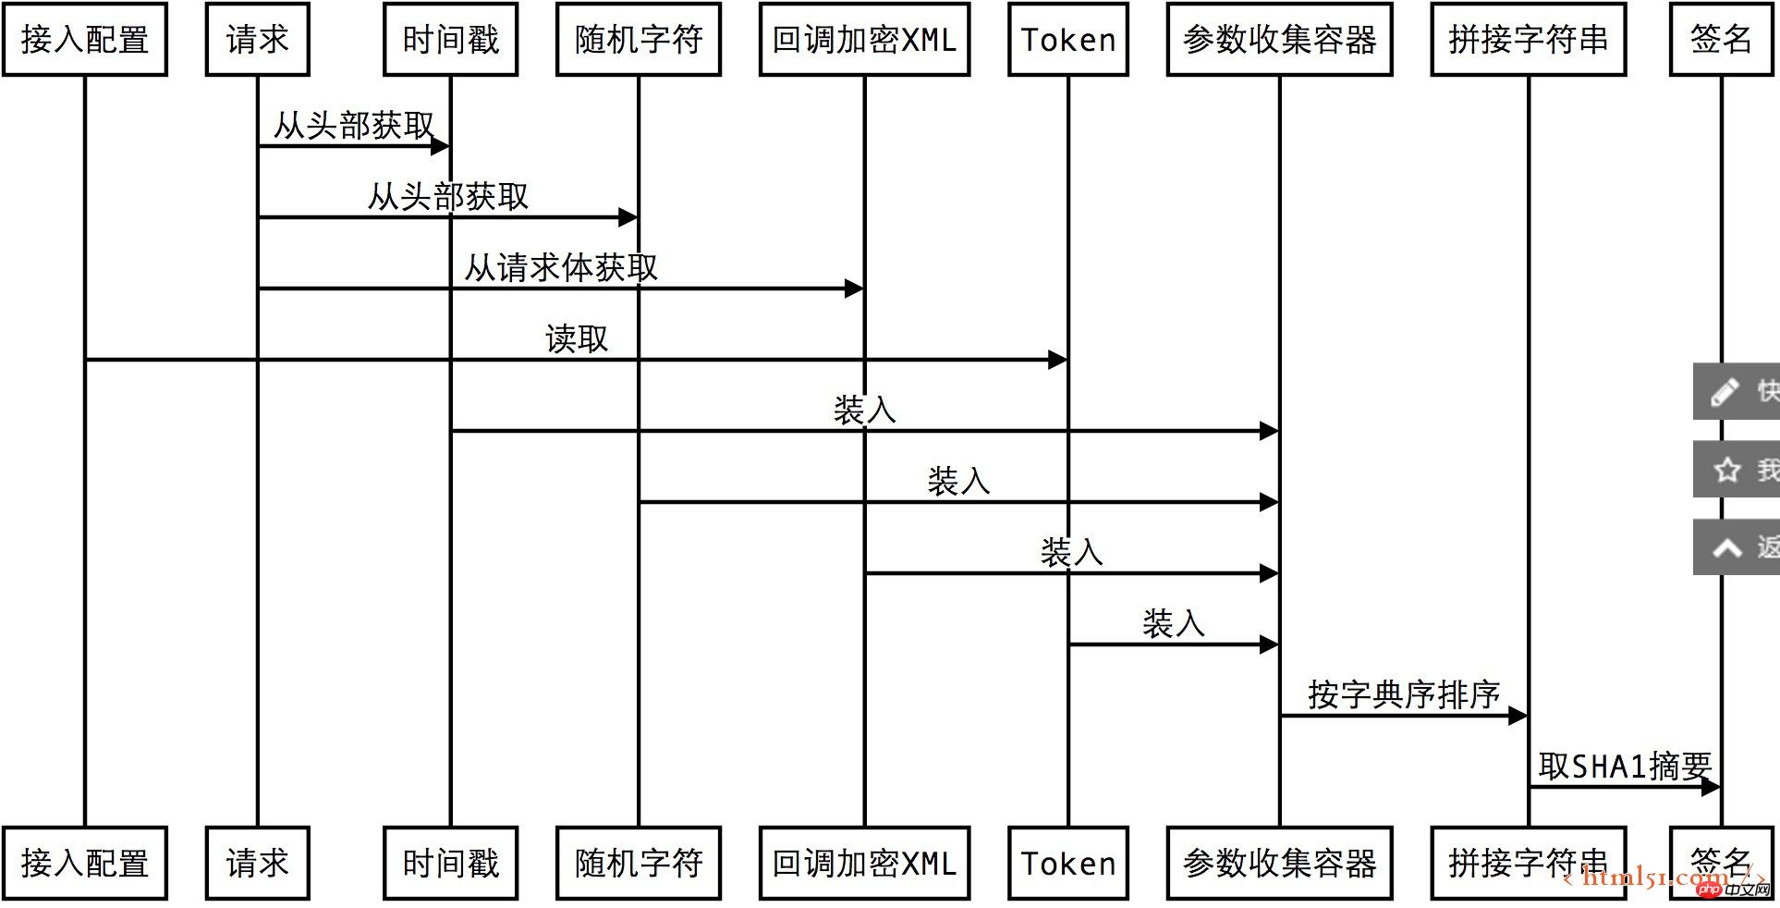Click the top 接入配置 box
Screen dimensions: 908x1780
click(85, 40)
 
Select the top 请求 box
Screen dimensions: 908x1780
click(257, 40)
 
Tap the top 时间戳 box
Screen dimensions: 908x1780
click(450, 40)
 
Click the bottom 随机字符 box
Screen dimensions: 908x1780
click(638, 864)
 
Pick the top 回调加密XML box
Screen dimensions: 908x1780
click(864, 40)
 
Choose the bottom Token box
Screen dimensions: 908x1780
click(1068, 864)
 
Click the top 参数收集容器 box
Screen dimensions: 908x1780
click(1279, 40)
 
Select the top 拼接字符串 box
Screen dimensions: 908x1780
click(1528, 40)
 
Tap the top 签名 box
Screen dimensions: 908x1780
click(1721, 40)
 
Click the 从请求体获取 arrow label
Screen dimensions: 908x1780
click(561, 268)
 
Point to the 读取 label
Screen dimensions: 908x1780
click(577, 339)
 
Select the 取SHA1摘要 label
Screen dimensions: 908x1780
click(1625, 767)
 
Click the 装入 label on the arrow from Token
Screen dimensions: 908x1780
click(1173, 624)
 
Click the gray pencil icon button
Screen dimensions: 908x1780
click(1725, 392)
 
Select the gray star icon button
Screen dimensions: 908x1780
click(1726, 471)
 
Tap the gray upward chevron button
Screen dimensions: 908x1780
click(1726, 548)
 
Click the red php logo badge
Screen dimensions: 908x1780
click(1709, 890)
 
